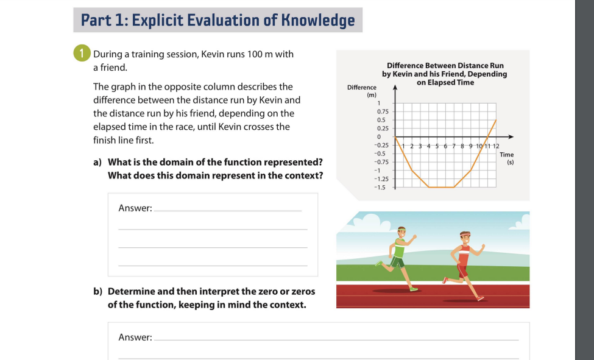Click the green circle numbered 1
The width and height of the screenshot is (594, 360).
(82, 54)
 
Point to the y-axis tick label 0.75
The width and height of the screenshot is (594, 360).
(383, 112)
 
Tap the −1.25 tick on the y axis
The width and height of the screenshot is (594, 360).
(381, 179)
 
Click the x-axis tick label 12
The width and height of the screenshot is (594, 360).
(496, 146)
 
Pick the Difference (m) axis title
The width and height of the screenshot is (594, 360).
(362, 91)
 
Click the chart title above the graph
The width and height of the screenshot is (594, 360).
(445, 74)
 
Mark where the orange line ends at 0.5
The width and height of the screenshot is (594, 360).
(496, 120)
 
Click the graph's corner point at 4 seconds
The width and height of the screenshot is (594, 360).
(429, 187)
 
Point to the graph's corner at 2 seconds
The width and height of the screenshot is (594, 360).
(412, 171)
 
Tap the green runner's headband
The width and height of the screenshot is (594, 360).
(400, 230)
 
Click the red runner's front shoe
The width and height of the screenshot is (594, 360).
(481, 298)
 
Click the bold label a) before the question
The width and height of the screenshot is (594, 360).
(97, 163)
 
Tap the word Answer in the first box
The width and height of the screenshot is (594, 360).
(135, 208)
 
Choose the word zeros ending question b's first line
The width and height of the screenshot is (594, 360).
(303, 291)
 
